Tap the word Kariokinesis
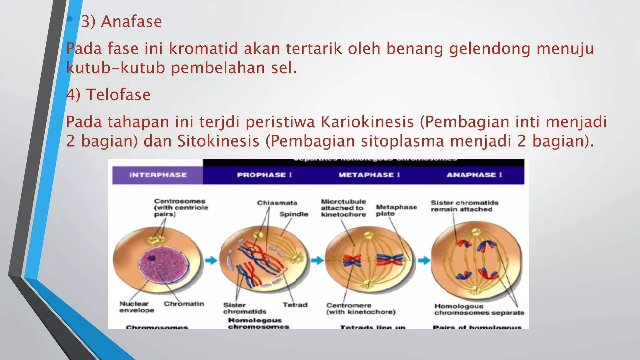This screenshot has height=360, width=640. coord(367,122)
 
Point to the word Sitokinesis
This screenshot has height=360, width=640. coord(218,141)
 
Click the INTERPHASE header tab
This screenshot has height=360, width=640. coord(158,175)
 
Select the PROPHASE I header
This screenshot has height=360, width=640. coord(264,175)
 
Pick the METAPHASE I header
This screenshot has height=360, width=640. coord(369,175)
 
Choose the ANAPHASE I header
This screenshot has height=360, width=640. coord(474,175)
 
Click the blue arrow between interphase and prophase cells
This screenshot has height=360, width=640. coord(211,260)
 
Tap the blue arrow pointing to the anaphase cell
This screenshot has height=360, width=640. coord(424,260)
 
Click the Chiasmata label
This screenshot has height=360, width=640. coord(277,203)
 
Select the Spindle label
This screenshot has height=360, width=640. coord(293,214)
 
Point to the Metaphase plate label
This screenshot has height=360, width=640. coord(396,210)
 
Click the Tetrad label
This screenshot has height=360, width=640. coord(295,305)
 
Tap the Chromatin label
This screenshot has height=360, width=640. coord(184,304)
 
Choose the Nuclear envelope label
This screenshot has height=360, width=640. coord(137,307)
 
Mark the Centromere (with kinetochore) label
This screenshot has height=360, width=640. coord(361,309)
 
